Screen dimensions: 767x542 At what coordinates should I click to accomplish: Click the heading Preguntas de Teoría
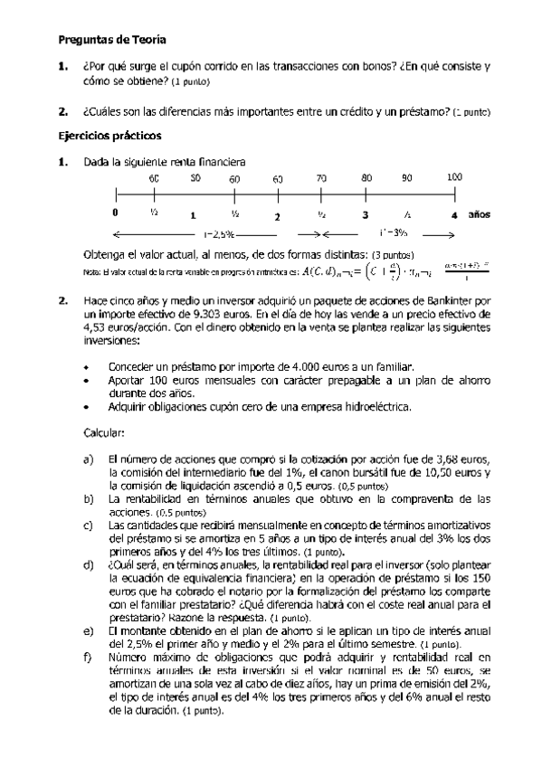(x=112, y=40)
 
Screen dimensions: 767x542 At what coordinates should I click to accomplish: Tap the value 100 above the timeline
(x=454, y=178)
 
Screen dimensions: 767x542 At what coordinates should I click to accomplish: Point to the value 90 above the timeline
(x=406, y=178)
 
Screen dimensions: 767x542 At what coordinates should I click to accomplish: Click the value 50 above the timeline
(x=195, y=178)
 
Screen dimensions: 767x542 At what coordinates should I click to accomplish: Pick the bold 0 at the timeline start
(x=115, y=214)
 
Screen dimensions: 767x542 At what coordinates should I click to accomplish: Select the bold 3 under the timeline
(x=365, y=215)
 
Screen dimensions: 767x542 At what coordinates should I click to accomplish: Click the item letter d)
(x=88, y=563)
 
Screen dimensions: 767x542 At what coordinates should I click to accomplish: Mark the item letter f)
(x=88, y=655)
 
